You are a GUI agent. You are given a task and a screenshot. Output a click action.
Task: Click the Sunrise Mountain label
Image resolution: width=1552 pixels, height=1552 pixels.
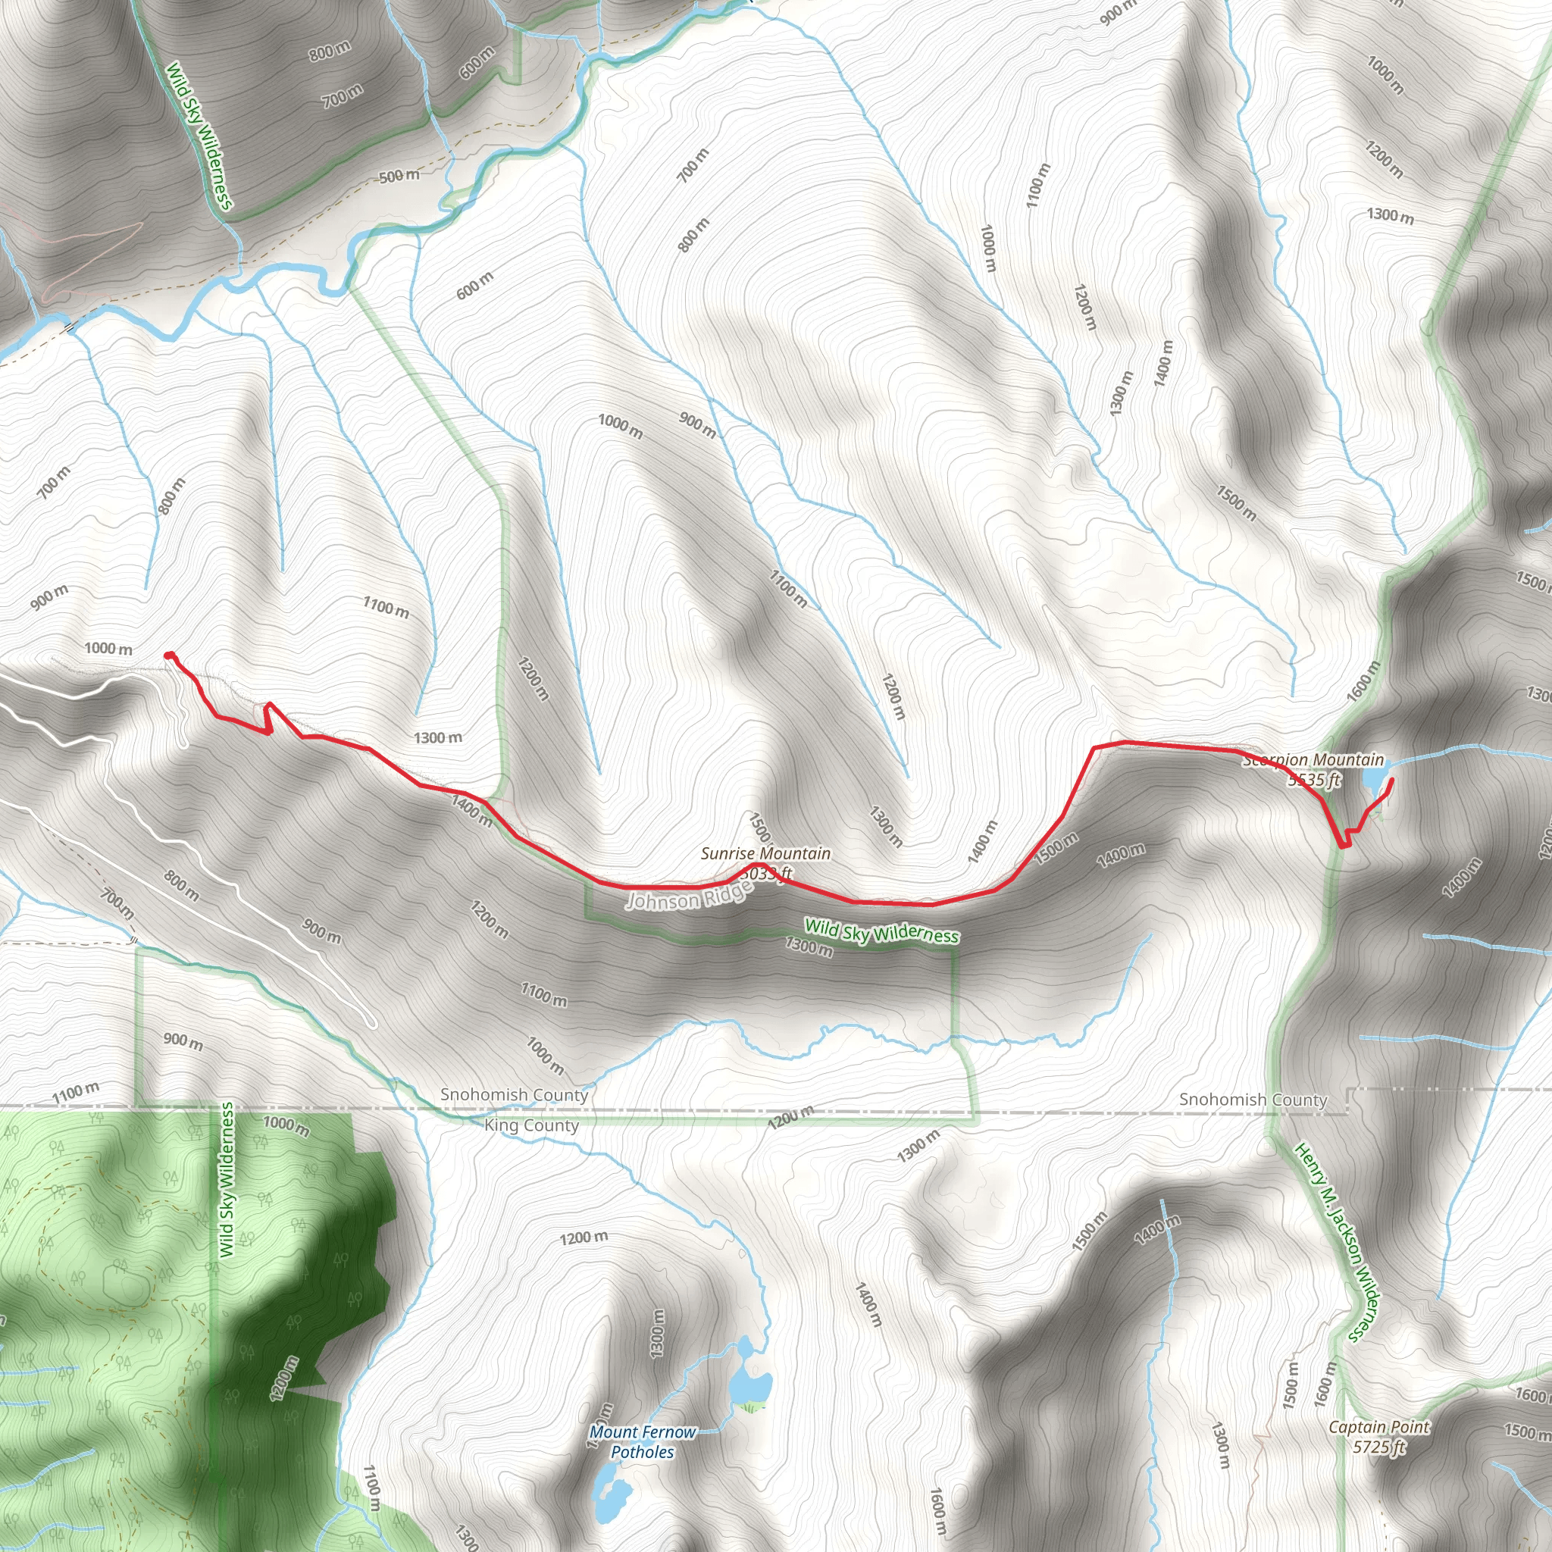tap(765, 853)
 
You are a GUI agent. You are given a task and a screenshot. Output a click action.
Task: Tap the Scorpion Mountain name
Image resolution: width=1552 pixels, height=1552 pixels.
tap(1313, 760)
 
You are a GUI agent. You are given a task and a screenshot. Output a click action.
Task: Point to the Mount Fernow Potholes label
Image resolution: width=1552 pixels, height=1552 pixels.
tap(643, 1441)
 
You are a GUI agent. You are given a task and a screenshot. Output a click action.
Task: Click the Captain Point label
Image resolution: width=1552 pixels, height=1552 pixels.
tap(1378, 1427)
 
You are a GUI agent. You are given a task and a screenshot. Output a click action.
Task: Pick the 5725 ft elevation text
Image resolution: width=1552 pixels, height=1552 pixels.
tap(1378, 1447)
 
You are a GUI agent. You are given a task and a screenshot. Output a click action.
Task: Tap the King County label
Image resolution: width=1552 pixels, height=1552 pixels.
tap(531, 1125)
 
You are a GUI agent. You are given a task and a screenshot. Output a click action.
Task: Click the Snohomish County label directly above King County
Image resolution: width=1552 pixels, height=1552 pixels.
tap(514, 1095)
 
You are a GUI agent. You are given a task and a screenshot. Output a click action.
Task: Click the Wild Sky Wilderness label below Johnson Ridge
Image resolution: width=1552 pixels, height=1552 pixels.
tap(881, 931)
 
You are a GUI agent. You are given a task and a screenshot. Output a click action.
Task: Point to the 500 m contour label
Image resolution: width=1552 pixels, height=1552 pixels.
tap(399, 176)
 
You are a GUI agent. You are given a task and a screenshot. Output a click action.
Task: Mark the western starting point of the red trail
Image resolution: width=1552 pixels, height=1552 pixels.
tap(169, 656)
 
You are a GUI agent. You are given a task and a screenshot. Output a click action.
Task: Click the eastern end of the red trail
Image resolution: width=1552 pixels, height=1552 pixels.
tap(1391, 780)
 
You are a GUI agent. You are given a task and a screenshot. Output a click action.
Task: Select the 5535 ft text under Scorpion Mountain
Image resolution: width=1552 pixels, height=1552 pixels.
tap(1314, 779)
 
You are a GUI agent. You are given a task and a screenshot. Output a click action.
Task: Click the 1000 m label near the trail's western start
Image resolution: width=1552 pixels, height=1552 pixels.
tap(108, 648)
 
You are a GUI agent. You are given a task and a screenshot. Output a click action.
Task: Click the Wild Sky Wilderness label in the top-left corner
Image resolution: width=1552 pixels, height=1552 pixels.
tap(199, 136)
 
